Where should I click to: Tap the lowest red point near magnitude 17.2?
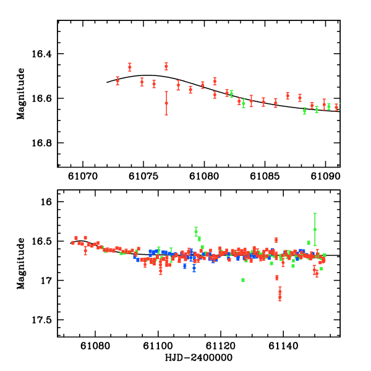[280, 297]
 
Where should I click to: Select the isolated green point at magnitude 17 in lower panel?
[243, 280]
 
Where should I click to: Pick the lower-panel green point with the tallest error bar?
[315, 229]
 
